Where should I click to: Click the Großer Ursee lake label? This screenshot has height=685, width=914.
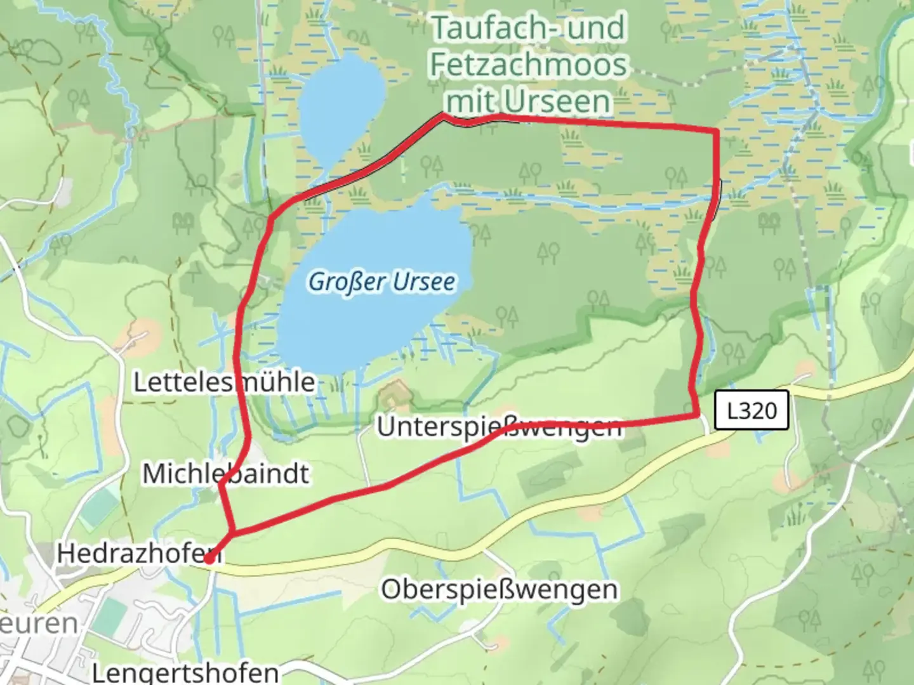click(381, 282)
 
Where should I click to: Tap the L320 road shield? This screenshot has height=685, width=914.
click(752, 410)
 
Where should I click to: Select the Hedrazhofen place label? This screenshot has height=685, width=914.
click(138, 553)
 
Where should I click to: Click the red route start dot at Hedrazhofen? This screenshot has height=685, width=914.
click(208, 559)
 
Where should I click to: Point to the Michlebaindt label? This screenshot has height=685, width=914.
click(225, 474)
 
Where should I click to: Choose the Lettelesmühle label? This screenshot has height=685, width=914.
click(224, 382)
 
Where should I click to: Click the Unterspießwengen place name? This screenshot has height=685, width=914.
click(499, 426)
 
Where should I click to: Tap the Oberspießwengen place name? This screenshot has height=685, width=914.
click(499, 589)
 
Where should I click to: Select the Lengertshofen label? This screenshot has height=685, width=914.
click(185, 672)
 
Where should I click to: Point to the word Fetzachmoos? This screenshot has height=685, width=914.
click(528, 65)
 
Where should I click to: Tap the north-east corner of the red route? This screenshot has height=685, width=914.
click(717, 131)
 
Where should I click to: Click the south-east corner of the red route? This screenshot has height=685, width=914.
click(698, 415)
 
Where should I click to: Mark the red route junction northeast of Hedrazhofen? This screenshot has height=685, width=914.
click(233, 533)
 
